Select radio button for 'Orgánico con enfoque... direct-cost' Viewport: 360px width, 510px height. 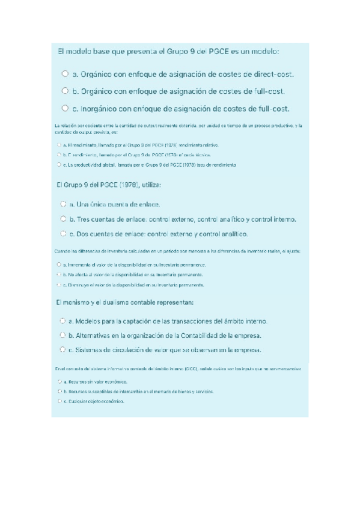click(x=64, y=74)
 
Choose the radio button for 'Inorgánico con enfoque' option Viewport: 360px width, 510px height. click(x=64, y=108)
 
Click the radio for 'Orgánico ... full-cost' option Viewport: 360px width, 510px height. click(x=64, y=91)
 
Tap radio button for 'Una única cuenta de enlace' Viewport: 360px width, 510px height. click(x=63, y=204)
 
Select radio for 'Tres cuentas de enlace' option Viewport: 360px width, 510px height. click(x=63, y=218)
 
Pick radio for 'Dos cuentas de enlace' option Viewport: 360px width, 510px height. click(x=63, y=233)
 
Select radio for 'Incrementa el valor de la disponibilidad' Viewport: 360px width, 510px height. click(x=58, y=264)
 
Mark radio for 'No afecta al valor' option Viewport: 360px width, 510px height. click(x=58, y=274)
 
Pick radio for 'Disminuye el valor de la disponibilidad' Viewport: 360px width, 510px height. click(x=58, y=284)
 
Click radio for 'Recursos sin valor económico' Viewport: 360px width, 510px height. click(x=58, y=381)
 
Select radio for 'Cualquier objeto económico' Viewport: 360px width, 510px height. click(x=58, y=401)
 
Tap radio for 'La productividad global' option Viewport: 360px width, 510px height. click(x=58, y=164)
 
